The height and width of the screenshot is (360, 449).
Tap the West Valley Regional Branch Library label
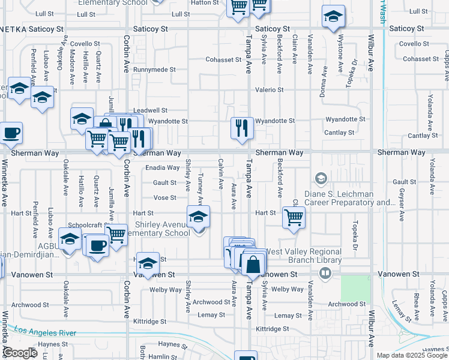point(303,256)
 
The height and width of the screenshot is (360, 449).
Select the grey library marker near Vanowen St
point(325,274)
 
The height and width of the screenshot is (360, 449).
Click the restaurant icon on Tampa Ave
point(242,128)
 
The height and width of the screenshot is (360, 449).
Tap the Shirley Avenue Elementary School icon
point(198,217)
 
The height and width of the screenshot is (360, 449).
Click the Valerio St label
point(269,89)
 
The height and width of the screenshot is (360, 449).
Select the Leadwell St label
point(150,110)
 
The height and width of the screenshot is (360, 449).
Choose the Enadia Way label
point(162,168)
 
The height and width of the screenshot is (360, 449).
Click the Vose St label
point(164,197)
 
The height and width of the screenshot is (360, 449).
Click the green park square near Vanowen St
point(356,289)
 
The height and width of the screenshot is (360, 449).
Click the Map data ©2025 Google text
point(412,355)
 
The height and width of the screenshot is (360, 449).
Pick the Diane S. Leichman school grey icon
point(321,178)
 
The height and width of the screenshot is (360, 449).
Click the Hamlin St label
point(160,356)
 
